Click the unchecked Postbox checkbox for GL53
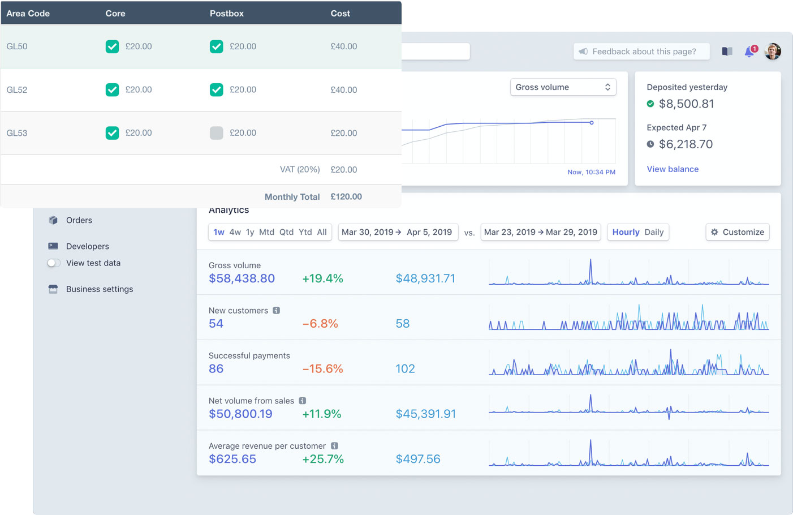coord(216,133)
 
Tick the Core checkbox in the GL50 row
coord(112,46)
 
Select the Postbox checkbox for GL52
coord(216,89)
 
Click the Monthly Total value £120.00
coord(346,197)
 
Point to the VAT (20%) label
coord(299,170)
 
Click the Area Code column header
coord(28,14)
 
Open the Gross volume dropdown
coord(563,87)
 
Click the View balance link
coord(672,169)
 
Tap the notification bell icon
coord(749,51)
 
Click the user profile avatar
coord(773,51)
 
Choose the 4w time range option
coord(235,232)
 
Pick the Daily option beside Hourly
coord(654,232)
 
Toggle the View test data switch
coord(54,263)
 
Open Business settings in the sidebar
coord(99,289)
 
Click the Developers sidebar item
coord(87,246)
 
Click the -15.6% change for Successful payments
coord(322,369)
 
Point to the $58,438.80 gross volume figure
coord(242,278)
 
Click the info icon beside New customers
coord(276,311)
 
